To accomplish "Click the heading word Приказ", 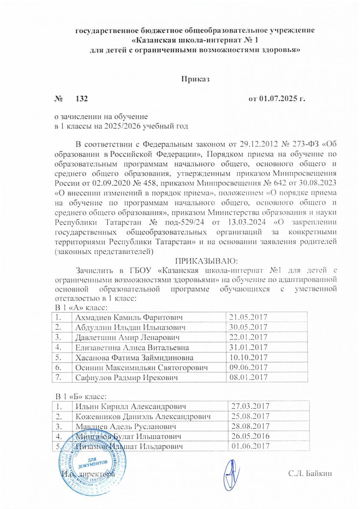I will (196, 79).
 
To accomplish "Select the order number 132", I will (81, 99).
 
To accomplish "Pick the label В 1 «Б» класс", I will (81, 396).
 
